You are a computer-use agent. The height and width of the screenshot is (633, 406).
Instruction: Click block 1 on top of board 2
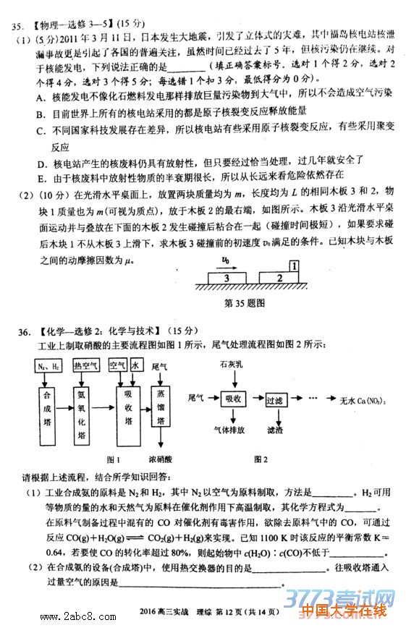pyautogui.click(x=295, y=266)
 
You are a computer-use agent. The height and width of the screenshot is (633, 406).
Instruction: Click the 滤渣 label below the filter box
pyautogui.click(x=275, y=430)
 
